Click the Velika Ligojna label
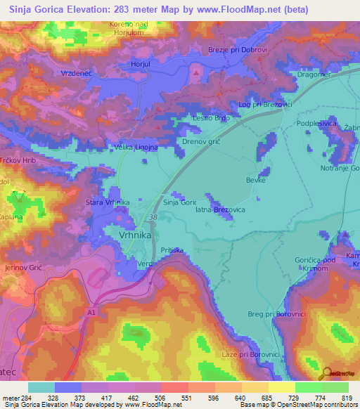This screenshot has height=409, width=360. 136,148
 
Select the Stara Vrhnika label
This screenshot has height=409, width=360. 108,202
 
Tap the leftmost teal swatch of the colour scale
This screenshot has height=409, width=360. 41,387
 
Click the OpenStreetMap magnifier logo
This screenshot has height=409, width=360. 326,374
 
